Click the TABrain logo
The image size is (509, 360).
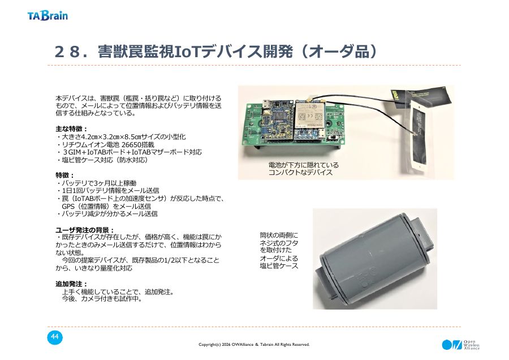(x=48, y=16)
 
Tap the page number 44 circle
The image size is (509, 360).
(x=54, y=337)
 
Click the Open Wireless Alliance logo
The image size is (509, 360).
(x=460, y=345)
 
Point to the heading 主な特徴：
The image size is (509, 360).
(x=72, y=128)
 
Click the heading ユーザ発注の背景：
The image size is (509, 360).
(x=85, y=230)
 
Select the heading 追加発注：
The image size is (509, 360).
(x=72, y=284)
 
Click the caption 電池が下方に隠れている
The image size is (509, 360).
(x=303, y=165)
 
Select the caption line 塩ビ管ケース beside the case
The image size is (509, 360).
(x=279, y=266)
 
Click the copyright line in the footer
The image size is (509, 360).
(x=254, y=344)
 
